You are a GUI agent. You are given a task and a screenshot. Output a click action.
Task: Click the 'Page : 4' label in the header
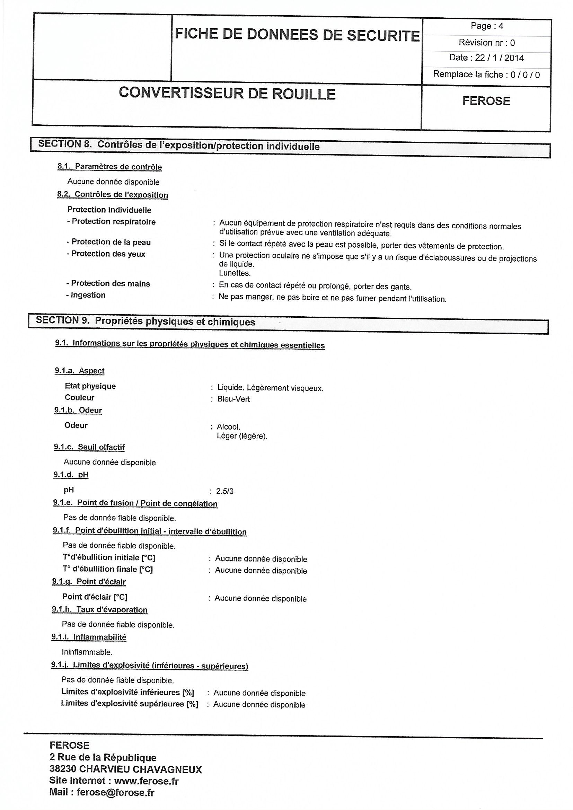coord(486,26)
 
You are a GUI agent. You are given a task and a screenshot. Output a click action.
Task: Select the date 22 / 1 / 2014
coord(499,58)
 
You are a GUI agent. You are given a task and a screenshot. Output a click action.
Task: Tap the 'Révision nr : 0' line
coord(486,43)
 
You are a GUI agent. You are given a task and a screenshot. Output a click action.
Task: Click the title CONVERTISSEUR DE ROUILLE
coord(227,94)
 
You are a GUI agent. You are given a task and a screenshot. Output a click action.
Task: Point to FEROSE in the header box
coord(486,101)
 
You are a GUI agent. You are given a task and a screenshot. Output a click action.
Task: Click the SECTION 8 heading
coord(179,146)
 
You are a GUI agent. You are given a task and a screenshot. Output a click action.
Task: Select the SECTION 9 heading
coord(146,322)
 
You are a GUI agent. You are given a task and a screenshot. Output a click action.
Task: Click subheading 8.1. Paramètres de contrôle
coord(110,167)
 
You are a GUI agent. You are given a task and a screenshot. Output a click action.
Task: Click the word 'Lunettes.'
coord(235,273)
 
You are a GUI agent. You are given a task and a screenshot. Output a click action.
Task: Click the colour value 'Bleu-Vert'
coord(233,399)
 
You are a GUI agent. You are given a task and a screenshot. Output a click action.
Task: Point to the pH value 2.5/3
coord(225,491)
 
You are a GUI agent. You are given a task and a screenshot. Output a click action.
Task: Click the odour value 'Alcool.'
coord(228,427)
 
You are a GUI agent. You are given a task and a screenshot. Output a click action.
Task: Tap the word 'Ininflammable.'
coord(87,652)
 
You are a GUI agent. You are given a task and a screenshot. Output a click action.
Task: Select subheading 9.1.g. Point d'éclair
coord(89,582)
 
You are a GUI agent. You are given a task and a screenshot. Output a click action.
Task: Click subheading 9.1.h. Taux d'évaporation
coord(99,610)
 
